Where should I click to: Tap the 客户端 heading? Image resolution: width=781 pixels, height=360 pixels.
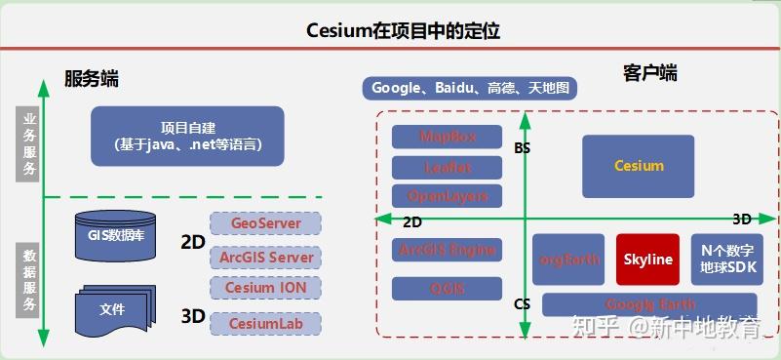pos(649,73)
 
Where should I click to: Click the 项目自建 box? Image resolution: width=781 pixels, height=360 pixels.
pos(187,136)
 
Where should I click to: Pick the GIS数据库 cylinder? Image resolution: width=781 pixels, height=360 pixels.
pos(114,234)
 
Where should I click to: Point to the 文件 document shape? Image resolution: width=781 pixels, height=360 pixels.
pos(113,308)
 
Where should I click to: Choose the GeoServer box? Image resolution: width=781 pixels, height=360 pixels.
pos(265,223)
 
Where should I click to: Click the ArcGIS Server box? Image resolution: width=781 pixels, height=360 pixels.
pos(265,257)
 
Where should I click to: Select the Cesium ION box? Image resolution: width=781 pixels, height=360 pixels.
pos(265,288)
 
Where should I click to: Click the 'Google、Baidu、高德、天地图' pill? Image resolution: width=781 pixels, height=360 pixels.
pos(469,89)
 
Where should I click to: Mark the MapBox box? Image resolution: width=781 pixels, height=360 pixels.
pos(447,137)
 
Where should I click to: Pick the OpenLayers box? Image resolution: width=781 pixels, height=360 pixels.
pos(447,195)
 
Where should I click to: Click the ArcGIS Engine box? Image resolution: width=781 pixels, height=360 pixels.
pos(447,250)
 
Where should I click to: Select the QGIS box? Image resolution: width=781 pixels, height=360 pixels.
pos(447,288)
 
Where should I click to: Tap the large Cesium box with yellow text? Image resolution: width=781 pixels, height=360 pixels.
pos(638,166)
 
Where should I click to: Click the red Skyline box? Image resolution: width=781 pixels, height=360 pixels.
pos(648,260)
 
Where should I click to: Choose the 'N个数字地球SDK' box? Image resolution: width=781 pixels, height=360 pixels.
pos(726,259)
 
